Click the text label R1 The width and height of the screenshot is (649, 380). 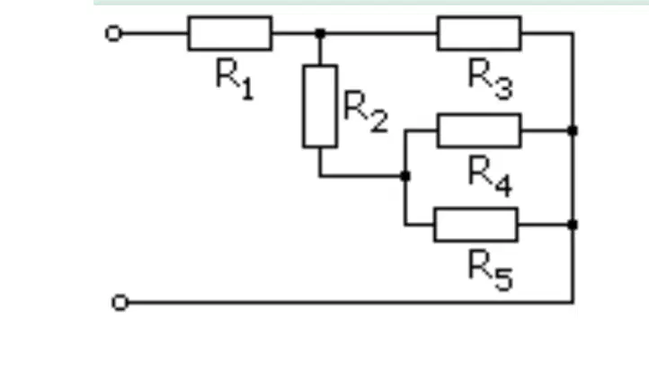(x=235, y=78)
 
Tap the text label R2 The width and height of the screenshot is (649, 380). (x=366, y=111)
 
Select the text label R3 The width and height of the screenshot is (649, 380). (x=491, y=79)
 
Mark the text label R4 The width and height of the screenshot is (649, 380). (x=491, y=176)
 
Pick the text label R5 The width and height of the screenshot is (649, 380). (x=491, y=270)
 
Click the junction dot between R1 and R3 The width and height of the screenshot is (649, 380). (x=320, y=33)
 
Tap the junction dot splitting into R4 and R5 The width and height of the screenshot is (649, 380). (x=405, y=176)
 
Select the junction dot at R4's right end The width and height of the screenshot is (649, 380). (x=573, y=130)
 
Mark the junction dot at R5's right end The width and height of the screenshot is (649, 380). (x=573, y=225)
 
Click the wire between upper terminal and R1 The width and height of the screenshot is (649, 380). (x=155, y=33)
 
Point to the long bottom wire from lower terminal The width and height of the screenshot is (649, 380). (x=351, y=303)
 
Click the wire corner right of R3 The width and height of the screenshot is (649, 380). (x=573, y=33)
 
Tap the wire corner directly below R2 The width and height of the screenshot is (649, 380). (x=320, y=176)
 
